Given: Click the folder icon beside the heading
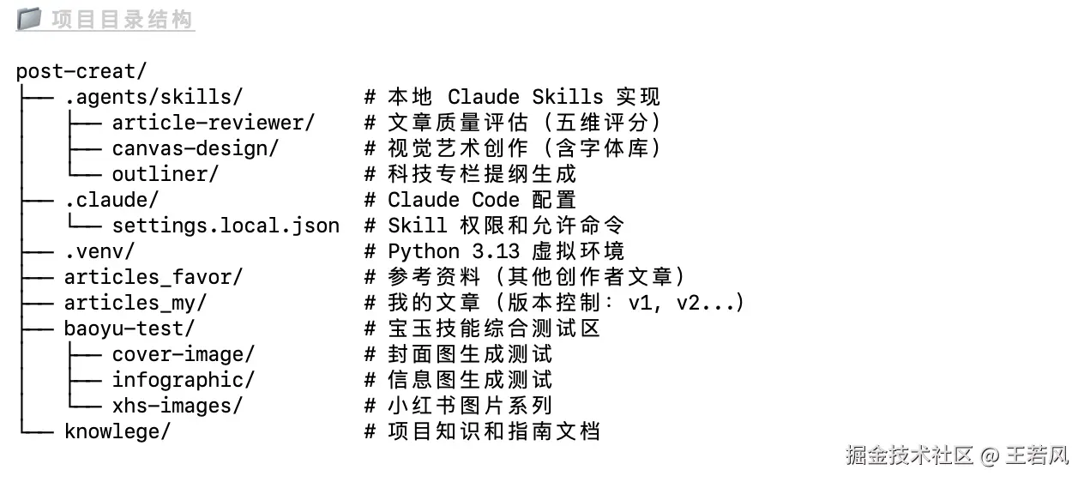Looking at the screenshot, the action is [28, 18].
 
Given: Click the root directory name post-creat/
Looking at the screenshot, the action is [75, 71].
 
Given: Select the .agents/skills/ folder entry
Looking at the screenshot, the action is [154, 97].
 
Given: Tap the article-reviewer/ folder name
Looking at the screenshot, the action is [214, 123].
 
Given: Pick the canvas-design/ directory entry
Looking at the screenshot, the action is [196, 148].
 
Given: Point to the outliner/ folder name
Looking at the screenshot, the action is [166, 174].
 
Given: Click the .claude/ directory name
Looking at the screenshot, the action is [111, 200].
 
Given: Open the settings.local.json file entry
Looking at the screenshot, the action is [226, 226].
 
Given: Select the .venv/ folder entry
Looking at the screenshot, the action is [99, 251].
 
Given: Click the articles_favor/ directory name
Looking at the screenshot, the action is [154, 277].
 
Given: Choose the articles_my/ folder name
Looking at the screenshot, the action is [135, 303].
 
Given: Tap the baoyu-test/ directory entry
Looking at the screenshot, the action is [129, 328].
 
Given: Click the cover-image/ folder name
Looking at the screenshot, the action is [184, 354].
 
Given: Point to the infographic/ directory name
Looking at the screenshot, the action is [184, 380].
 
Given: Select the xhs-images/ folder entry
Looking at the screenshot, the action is [178, 406].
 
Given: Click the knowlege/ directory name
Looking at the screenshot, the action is [117, 431].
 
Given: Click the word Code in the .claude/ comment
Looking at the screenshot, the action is [496, 200].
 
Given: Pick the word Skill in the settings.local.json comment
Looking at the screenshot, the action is [418, 226].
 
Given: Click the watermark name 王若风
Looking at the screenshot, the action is [1038, 455].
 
